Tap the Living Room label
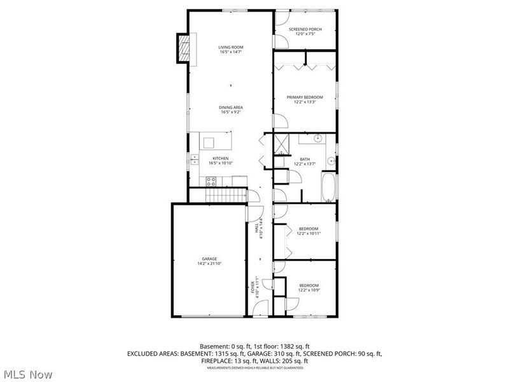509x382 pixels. click(231, 47)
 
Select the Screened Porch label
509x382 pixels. click(305, 29)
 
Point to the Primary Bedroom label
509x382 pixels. click(305, 97)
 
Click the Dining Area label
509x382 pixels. click(231, 107)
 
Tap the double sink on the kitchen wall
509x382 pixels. click(193, 160)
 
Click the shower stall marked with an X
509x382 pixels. click(282, 145)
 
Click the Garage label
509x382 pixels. click(209, 258)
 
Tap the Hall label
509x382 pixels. click(257, 227)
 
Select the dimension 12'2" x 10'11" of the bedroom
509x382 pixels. click(309, 233)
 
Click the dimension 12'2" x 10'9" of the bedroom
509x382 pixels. click(309, 290)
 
